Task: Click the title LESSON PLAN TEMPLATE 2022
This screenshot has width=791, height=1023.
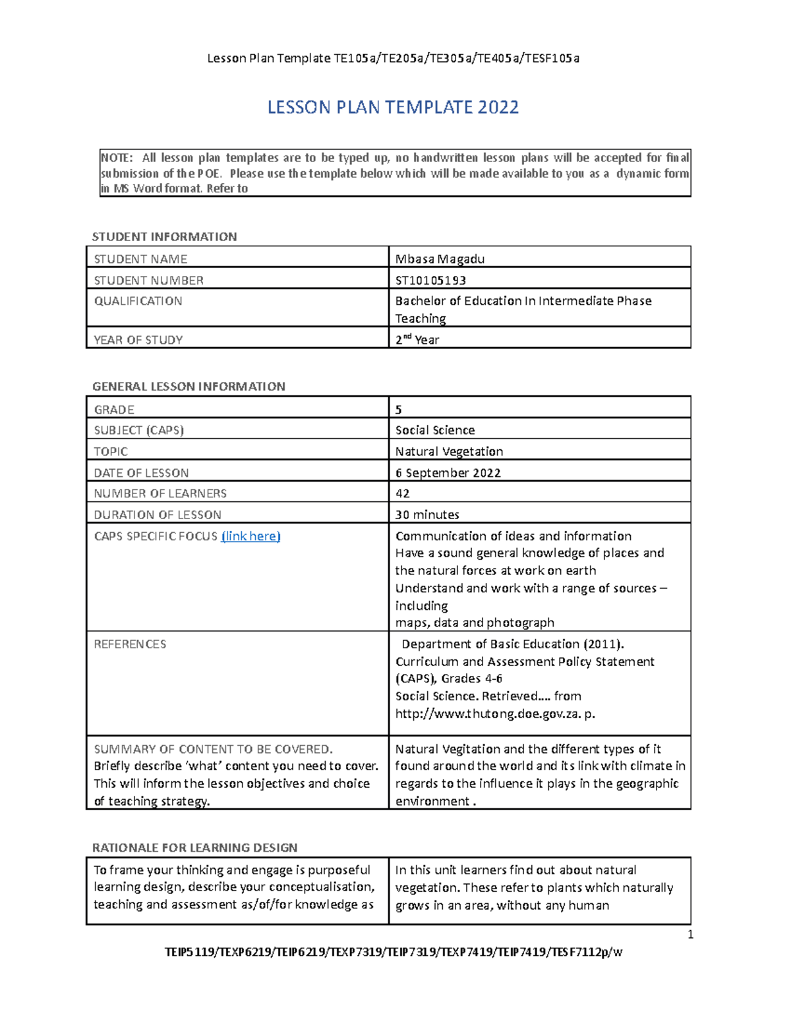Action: (393, 107)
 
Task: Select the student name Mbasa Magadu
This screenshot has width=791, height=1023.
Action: (440, 259)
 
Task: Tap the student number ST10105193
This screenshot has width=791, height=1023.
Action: (430, 280)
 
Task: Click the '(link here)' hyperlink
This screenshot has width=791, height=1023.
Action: (250, 536)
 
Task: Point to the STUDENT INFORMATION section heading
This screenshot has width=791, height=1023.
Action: (164, 236)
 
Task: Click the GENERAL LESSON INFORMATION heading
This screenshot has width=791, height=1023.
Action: (189, 387)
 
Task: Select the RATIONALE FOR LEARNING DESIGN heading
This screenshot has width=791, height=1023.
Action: (194, 848)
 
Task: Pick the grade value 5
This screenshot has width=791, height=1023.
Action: (398, 410)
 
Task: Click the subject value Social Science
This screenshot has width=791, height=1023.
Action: (434, 430)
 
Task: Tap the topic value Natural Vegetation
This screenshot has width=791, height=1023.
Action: (449, 452)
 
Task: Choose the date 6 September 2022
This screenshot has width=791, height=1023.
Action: (448, 473)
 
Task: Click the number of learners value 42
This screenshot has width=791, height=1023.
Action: (402, 493)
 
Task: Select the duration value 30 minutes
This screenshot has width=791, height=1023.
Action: (426, 514)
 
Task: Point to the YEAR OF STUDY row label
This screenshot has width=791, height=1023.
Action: (138, 340)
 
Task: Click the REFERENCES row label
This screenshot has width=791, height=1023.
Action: (130, 644)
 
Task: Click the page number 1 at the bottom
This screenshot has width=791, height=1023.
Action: (690, 935)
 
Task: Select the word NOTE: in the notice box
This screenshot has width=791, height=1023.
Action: (116, 158)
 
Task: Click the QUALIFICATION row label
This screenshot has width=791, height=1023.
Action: (138, 301)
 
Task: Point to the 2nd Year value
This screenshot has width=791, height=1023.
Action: (417, 340)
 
